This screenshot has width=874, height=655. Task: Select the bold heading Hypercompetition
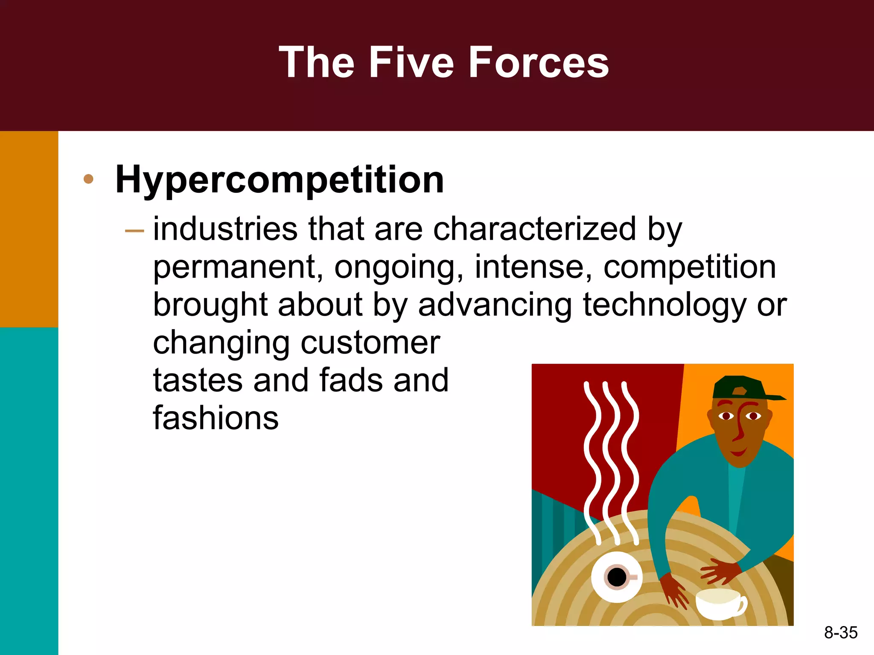(280, 180)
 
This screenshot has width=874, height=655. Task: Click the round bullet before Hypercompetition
(88, 179)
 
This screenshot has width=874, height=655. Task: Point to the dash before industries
(134, 231)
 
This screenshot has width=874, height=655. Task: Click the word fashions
(216, 418)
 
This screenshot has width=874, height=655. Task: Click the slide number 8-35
(841, 632)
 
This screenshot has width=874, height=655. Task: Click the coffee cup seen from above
(616, 577)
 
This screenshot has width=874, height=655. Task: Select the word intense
(533, 267)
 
